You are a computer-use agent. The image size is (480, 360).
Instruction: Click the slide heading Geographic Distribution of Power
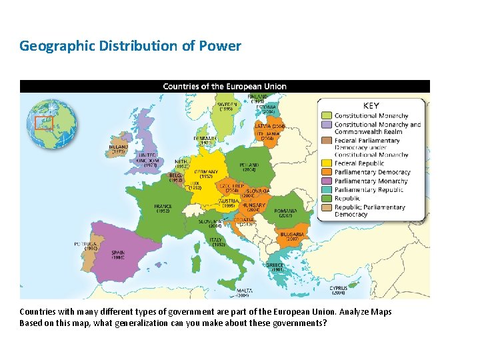(x=130, y=46)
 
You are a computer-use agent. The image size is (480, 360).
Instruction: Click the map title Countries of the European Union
(x=225, y=86)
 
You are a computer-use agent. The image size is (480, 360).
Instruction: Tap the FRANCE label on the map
(x=163, y=207)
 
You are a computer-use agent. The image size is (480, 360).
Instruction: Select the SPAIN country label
(x=118, y=253)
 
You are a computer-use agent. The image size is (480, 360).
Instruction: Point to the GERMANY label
(x=206, y=171)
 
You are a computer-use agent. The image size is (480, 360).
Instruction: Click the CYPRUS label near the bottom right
(x=338, y=288)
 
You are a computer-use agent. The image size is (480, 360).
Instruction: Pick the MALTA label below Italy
(x=245, y=291)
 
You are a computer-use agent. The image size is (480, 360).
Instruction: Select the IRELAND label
(x=118, y=147)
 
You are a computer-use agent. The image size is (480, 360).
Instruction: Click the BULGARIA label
(x=293, y=234)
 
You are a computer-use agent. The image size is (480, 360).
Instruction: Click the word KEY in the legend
(x=371, y=105)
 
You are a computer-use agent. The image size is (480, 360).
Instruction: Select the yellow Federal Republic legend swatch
(x=326, y=163)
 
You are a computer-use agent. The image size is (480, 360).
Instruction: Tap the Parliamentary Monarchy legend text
(x=371, y=181)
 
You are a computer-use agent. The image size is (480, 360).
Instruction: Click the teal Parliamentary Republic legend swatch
(x=326, y=189)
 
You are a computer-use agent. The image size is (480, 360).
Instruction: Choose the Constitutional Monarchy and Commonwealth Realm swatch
(x=326, y=125)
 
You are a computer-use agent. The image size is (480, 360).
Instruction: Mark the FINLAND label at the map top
(x=257, y=97)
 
